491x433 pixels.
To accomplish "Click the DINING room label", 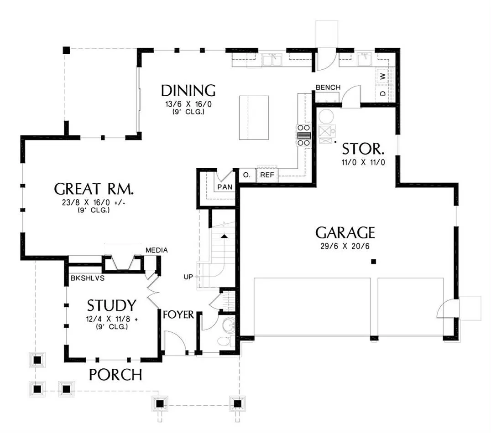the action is [188, 90].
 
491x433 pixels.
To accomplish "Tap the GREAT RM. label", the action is [94, 189].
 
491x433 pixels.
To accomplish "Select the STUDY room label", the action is [111, 305].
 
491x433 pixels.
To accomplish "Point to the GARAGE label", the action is [345, 233].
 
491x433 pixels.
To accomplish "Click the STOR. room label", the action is [363, 149].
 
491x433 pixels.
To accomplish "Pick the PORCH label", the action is [115, 375].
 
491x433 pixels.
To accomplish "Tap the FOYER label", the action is [178, 315].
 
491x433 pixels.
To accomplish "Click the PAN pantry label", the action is [225, 187].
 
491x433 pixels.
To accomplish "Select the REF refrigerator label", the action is [267, 175].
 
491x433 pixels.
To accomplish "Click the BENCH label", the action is [328, 88].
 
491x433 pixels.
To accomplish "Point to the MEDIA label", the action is [157, 250].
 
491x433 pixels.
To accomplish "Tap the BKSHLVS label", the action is [88, 278].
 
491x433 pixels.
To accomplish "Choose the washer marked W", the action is [383, 76].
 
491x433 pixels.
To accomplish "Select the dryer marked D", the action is [383, 93].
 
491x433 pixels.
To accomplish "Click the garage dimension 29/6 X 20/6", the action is [345, 246].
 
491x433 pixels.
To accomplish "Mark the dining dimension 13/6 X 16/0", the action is [188, 104].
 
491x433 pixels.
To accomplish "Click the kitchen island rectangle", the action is [254, 118].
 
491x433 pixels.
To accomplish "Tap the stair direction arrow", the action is [224, 236].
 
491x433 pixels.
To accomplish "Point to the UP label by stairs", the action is [188, 277].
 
